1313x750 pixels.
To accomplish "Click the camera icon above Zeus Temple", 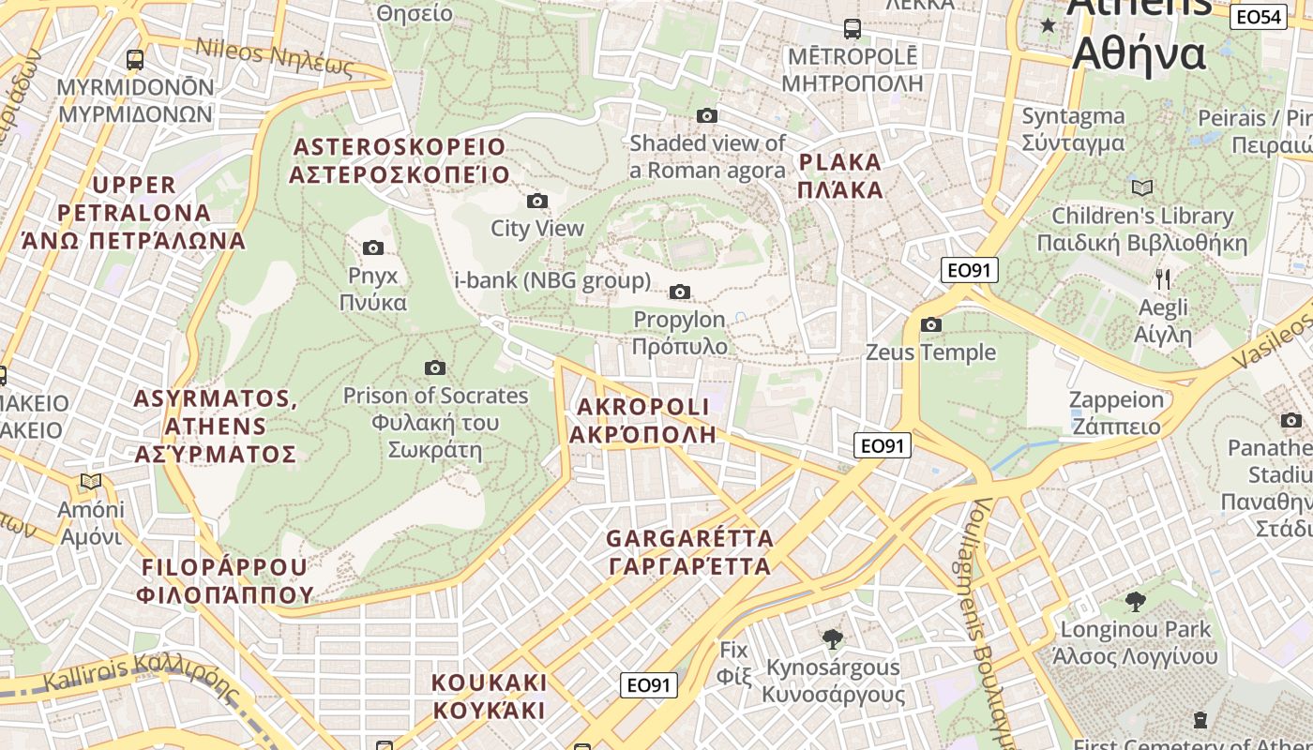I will [x=931, y=325].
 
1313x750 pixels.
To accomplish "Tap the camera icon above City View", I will [x=537, y=201].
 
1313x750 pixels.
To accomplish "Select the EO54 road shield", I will [x=1259, y=16].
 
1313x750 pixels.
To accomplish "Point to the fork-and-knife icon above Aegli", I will [x=1163, y=278].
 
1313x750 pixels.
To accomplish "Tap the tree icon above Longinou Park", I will [x=1136, y=601].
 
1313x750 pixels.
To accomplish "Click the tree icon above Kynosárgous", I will [x=832, y=639].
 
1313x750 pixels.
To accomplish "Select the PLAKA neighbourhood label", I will [x=840, y=175].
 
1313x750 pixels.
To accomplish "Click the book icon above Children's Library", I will [x=1142, y=187].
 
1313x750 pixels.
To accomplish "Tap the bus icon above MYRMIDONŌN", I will [x=135, y=60].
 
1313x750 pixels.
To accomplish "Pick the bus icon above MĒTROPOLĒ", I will [x=852, y=28].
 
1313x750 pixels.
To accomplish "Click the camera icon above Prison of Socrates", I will [x=435, y=367].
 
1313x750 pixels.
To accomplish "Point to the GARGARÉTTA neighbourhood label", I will [x=689, y=552].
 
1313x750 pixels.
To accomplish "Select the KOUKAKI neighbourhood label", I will [x=489, y=695].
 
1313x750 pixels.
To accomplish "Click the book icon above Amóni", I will [x=91, y=482].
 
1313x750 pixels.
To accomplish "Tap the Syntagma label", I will [x=1073, y=129].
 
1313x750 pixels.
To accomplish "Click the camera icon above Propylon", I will [x=680, y=292].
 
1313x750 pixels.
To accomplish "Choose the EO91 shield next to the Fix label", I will [x=649, y=685].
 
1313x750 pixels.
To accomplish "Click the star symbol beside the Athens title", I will [x=1048, y=25].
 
